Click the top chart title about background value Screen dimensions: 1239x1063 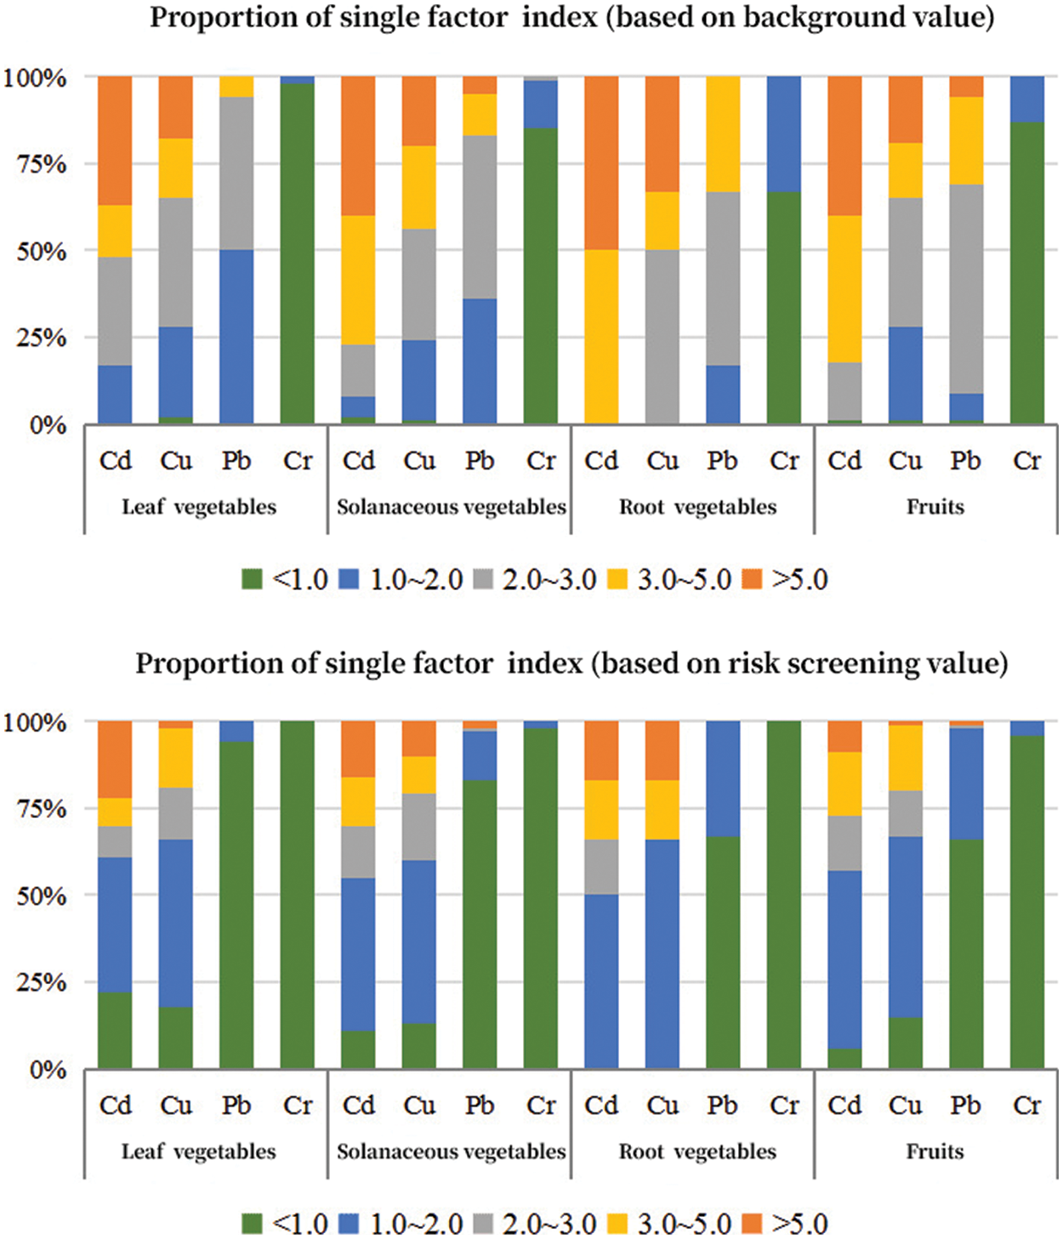[571, 17]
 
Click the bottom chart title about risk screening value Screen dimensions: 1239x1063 [571, 662]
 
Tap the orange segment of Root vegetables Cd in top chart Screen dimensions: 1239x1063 [601, 162]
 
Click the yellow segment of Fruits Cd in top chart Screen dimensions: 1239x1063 [844, 288]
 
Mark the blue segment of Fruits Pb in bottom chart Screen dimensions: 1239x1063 [966, 783]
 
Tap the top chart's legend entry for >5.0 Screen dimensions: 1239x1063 [786, 580]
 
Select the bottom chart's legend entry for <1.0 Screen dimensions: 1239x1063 [286, 1225]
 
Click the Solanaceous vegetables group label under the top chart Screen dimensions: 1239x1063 [451, 507]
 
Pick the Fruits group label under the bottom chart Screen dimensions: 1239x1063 [935, 1151]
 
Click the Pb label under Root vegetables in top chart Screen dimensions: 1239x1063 [723, 461]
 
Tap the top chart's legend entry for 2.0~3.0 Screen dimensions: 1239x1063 [536, 580]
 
